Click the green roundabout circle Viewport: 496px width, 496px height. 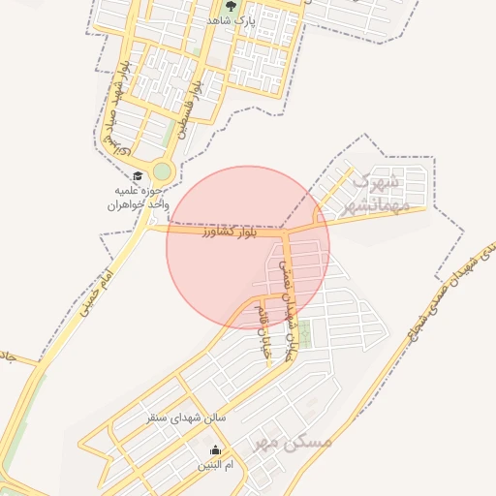162,172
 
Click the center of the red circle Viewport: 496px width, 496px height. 248,247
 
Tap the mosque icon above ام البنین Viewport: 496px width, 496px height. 215,449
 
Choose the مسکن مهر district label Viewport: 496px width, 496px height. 293,442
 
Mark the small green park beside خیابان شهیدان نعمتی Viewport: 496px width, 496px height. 305,334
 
